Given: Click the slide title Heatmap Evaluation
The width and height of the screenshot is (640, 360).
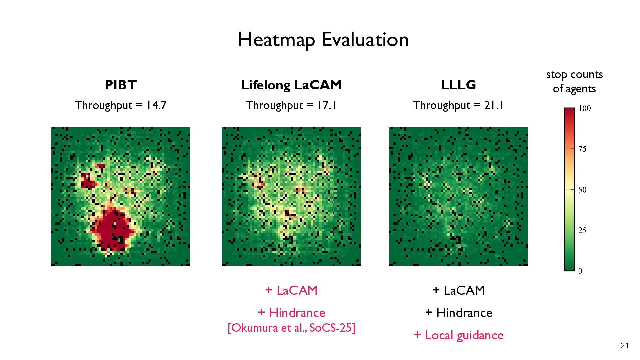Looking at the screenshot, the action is tap(323, 40).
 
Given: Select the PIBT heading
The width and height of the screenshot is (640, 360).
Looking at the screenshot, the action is tap(121, 85).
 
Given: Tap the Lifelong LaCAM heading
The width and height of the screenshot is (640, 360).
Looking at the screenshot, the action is tap(291, 85).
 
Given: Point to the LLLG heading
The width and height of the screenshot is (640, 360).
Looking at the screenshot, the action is tap(458, 85).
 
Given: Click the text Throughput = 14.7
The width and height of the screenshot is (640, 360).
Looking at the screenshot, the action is tap(121, 105).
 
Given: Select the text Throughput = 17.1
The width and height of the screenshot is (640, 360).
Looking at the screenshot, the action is tap(291, 105).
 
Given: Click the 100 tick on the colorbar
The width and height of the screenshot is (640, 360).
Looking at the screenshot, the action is tap(584, 108).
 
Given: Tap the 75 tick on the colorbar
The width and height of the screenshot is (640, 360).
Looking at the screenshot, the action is tap(582, 149).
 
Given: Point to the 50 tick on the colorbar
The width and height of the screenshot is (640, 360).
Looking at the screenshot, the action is tap(582, 190).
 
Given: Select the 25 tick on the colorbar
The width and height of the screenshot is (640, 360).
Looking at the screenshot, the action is tap(582, 230).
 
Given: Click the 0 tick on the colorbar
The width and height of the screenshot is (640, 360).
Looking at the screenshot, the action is tap(580, 271).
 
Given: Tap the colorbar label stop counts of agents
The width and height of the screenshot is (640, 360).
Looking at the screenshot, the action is tap(574, 82).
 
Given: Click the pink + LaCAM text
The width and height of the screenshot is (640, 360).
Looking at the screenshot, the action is tap(291, 290).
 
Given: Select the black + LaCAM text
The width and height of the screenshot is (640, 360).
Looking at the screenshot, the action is tap(458, 290).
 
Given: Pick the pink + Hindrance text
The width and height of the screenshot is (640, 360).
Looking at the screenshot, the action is tap(291, 313).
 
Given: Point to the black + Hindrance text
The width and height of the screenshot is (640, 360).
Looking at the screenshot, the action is tap(458, 313).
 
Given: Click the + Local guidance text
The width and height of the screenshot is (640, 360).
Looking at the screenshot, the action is tap(458, 335).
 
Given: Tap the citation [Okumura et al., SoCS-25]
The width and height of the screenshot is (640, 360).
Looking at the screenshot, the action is tap(291, 328).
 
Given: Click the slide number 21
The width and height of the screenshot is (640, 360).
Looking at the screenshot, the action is tap(625, 346).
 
